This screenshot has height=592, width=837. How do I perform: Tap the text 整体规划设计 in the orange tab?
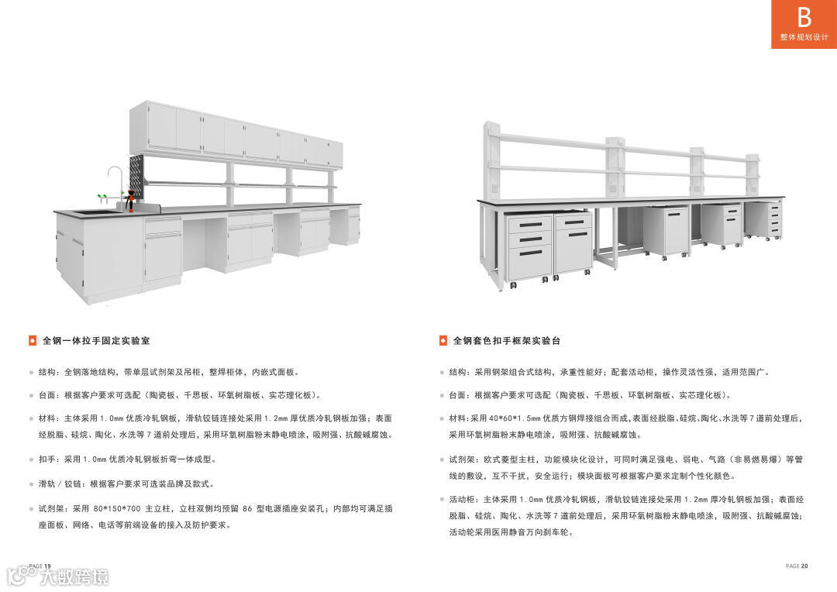[804, 37]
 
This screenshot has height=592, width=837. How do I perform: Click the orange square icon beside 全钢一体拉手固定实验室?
[32, 340]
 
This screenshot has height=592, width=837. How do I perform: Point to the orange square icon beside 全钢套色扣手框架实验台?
[443, 340]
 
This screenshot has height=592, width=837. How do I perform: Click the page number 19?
[47, 566]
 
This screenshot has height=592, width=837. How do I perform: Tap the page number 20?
[804, 566]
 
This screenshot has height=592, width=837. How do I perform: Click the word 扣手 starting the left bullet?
[48, 459]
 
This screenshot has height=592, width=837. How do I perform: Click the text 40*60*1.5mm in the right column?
[514, 418]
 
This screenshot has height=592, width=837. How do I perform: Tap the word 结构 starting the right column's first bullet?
[458, 372]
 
